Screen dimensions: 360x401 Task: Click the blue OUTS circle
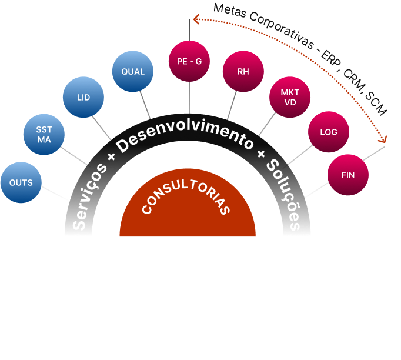[x=21, y=182]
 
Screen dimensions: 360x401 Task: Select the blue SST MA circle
[x=44, y=135]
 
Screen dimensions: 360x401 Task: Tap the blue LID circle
[x=83, y=97]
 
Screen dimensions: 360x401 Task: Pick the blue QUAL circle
[x=133, y=72]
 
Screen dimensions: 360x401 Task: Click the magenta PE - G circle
[x=189, y=61]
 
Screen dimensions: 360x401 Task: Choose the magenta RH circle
[x=243, y=72]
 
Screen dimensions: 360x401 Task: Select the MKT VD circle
[x=290, y=97]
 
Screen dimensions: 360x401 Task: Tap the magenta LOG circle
[x=329, y=132]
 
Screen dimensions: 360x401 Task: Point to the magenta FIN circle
[x=347, y=175]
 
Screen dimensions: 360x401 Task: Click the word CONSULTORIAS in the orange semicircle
[x=186, y=199]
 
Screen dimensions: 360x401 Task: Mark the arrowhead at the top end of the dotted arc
[x=196, y=20]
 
